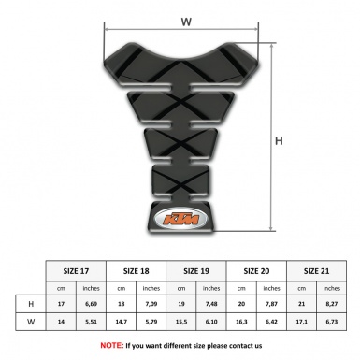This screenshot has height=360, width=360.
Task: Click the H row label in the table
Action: [33, 304]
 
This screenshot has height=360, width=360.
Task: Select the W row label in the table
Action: [33, 323]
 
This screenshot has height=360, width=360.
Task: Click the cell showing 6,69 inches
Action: [92, 304]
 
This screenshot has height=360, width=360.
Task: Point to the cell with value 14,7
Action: [122, 323]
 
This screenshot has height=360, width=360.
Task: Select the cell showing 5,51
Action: [92, 323]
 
